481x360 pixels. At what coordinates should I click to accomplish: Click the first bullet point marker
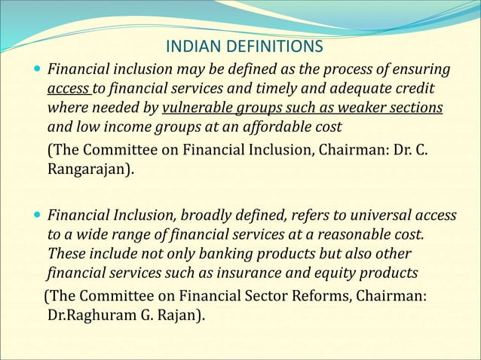tap(38, 70)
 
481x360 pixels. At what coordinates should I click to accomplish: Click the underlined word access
tap(67, 89)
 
